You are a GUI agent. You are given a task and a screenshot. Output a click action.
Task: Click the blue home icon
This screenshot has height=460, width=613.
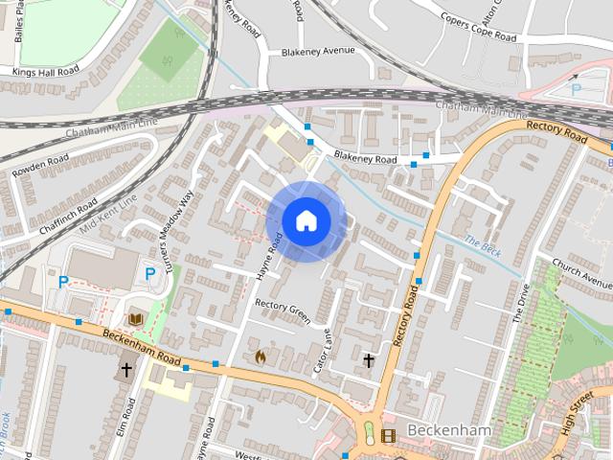click(x=306, y=221)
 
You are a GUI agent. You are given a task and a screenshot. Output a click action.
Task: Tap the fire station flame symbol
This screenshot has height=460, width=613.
click(x=259, y=356)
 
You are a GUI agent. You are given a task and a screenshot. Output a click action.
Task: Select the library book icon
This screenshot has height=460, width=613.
click(x=136, y=318)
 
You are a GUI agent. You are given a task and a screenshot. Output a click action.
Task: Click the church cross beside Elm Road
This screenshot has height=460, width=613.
click(x=125, y=369)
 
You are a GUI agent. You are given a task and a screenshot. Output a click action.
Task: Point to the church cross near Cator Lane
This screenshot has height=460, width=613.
click(x=369, y=360)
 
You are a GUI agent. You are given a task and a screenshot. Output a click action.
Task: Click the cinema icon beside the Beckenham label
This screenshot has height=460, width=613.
click(x=387, y=436)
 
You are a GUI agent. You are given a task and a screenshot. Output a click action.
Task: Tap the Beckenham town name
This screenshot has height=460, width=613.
click(x=449, y=431)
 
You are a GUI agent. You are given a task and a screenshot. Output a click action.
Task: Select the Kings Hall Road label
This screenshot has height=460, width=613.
click(x=46, y=72)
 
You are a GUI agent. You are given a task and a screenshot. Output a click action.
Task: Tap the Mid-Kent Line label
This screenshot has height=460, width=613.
click(x=109, y=216)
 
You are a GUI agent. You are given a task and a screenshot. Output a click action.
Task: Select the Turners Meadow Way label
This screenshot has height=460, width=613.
click(x=179, y=231)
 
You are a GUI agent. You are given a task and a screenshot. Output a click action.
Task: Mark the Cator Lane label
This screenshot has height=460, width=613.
click(x=322, y=353)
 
